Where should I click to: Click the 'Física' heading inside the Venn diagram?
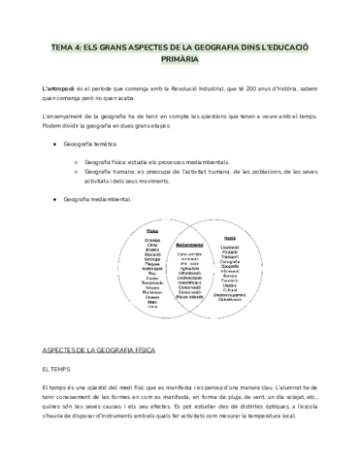pyautogui.click(x=153, y=231)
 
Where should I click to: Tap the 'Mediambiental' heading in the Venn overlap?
pyautogui.click(x=191, y=246)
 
